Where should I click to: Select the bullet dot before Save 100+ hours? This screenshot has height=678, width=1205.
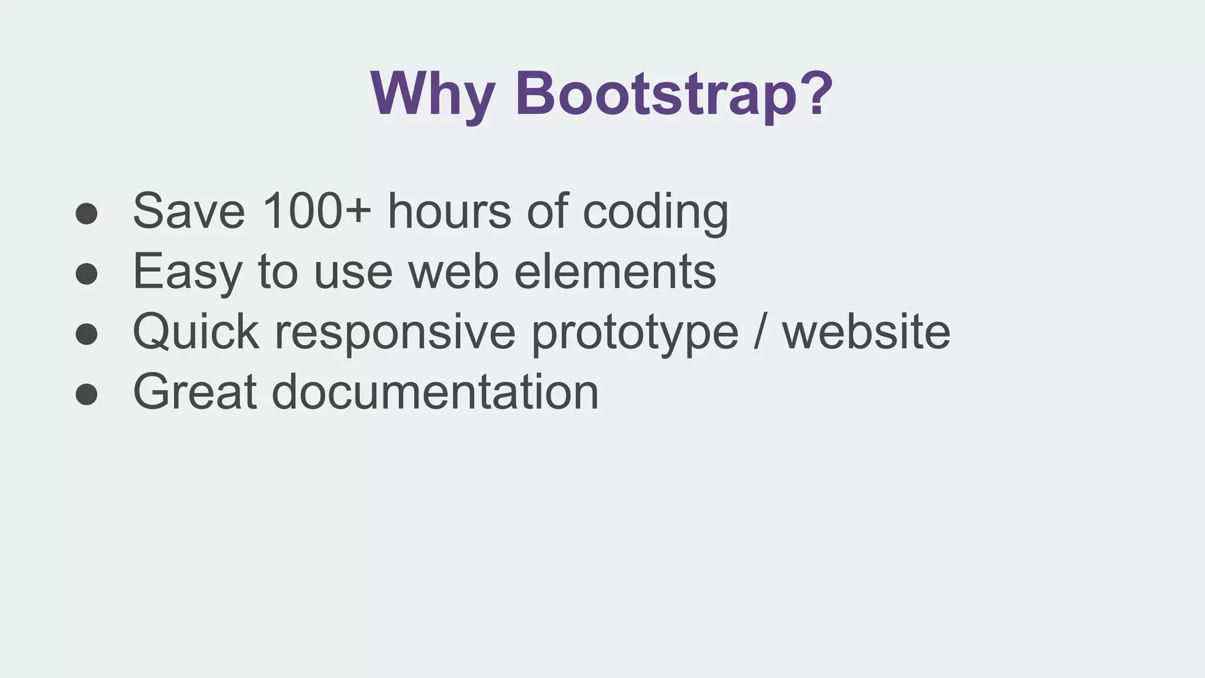(86, 213)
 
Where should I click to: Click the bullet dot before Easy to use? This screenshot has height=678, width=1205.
(86, 273)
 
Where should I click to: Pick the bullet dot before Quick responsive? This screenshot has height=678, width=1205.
(86, 334)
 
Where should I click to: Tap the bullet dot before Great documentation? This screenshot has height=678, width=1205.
(86, 394)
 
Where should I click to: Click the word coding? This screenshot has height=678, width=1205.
(655, 212)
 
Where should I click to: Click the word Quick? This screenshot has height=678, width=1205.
(196, 332)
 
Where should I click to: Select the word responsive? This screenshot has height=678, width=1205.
(395, 333)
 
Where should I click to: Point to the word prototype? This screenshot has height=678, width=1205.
(635, 333)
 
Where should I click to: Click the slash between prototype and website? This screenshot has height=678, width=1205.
(760, 332)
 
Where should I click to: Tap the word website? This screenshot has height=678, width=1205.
(866, 332)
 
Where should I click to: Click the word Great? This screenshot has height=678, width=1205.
(195, 392)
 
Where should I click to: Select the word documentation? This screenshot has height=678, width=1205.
(435, 392)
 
